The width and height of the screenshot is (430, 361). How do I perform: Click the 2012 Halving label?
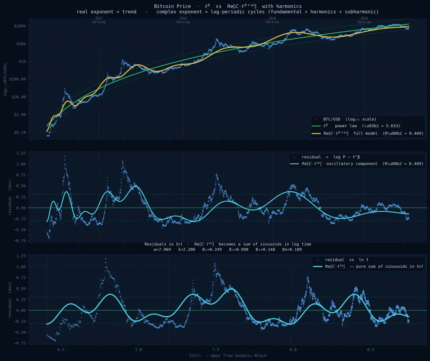(99, 20)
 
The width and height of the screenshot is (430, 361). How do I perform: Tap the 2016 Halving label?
(183, 20)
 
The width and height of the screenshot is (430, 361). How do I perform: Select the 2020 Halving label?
(272, 20)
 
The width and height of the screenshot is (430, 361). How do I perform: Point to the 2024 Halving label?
(364, 20)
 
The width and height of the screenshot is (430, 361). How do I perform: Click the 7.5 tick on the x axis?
(216, 349)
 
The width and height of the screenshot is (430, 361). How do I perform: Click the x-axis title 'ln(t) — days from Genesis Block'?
(228, 356)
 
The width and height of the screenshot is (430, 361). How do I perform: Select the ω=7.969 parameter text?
(162, 249)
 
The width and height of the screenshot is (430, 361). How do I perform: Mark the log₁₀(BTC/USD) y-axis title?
(5, 79)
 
